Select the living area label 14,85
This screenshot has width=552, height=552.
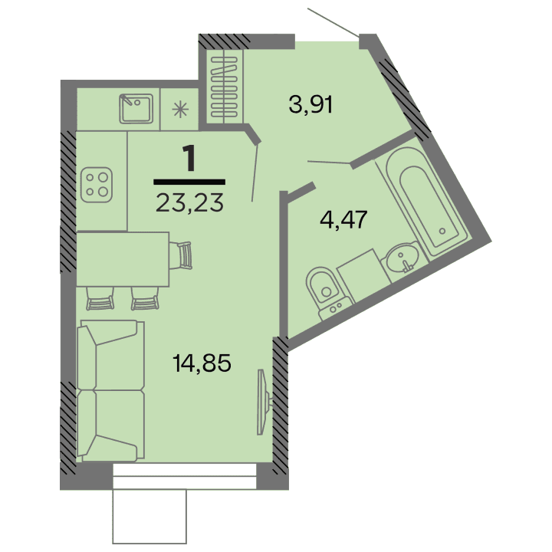[x=202, y=361]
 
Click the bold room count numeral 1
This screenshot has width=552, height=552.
[x=189, y=159]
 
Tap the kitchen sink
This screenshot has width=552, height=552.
[x=138, y=108]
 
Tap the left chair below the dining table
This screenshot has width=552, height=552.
[x=99, y=297]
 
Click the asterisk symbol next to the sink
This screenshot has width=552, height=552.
[x=182, y=108]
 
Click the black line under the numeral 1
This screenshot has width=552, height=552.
[x=189, y=182]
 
